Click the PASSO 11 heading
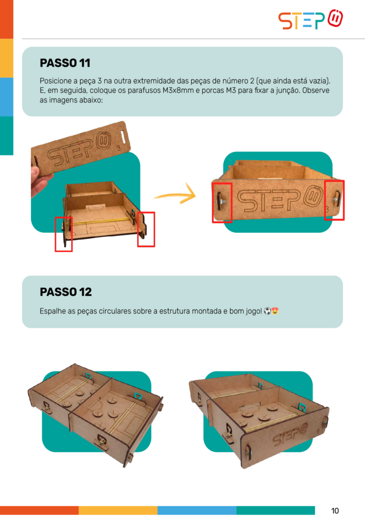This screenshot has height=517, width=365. coord(65,63)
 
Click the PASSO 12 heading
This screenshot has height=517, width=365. coord(66,292)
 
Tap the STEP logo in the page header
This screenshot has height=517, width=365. coord(311,20)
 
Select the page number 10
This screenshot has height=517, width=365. coord(335,510)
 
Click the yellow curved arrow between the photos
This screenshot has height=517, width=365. coord(174,195)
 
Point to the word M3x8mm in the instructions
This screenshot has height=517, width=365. coord(178,90)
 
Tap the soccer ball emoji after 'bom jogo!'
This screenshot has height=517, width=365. coord(267,311)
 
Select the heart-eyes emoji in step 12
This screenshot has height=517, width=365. coord(275,311)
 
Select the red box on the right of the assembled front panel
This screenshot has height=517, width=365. coord(334,200)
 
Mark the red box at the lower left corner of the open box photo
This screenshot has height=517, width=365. coord(64,234)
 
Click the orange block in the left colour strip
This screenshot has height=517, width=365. coord(7,19)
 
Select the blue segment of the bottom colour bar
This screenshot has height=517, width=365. coord(197,510)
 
